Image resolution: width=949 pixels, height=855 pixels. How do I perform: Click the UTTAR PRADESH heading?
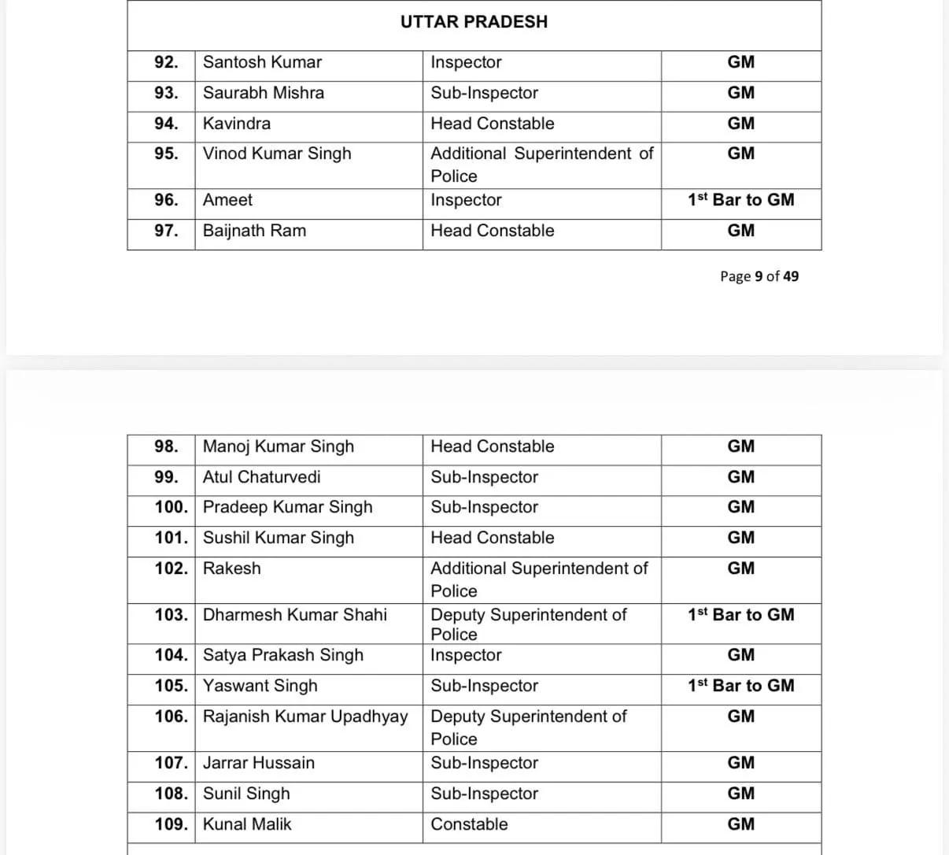click(474, 22)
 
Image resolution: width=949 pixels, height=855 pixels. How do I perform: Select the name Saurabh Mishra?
click(263, 93)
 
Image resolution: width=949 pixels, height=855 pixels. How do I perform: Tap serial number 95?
click(166, 154)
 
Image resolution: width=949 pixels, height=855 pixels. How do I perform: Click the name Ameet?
click(227, 200)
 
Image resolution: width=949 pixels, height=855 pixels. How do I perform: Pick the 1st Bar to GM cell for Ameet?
click(740, 200)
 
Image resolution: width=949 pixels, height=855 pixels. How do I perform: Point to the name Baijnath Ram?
click(254, 231)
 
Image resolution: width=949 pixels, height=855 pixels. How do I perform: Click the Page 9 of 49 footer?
click(759, 276)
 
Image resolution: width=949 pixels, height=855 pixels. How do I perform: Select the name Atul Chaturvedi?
click(261, 477)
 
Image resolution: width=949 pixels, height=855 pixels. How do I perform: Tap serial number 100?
click(171, 507)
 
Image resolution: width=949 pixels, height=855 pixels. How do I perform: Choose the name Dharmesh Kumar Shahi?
click(294, 615)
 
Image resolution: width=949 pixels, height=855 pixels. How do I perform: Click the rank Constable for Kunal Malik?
click(469, 824)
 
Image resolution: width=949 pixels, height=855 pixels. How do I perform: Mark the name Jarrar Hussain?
click(258, 763)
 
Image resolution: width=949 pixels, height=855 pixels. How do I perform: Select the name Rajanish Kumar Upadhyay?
click(305, 716)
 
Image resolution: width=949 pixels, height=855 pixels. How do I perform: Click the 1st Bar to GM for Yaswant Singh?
click(740, 686)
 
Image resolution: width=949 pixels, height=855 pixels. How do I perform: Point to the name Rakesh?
click(231, 568)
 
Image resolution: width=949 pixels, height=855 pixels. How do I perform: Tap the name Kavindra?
click(236, 124)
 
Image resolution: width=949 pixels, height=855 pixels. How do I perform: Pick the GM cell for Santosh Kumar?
click(740, 62)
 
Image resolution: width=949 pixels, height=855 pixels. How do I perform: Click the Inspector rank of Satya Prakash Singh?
click(466, 655)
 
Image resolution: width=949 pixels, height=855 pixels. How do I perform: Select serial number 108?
click(171, 794)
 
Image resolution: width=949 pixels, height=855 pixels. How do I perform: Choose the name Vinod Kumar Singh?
click(277, 154)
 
